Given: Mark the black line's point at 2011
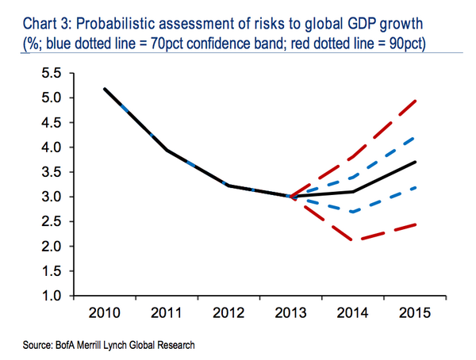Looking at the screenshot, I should click(166, 149).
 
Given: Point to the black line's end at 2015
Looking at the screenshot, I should click(416, 162).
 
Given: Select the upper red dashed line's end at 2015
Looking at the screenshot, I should click(416, 100).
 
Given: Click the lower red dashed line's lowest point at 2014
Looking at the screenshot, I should click(353, 239).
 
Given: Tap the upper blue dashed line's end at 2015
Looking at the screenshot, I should click(416, 137).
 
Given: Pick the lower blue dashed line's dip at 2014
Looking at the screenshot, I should click(353, 212).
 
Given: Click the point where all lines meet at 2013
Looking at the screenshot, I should click(290, 196).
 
